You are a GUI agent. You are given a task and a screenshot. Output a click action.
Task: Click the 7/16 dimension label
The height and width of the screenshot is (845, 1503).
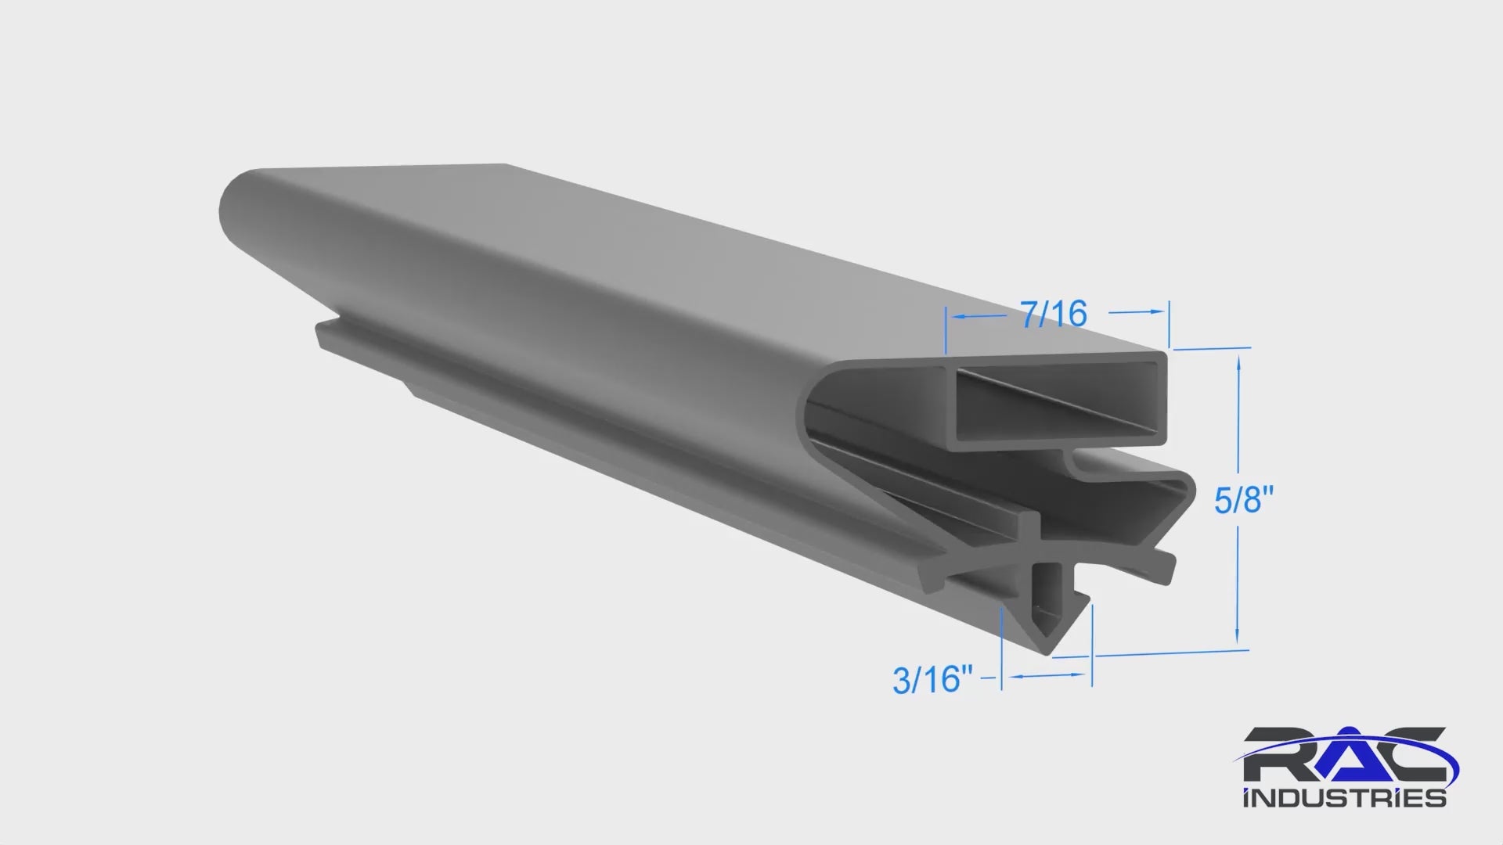coord(1053,314)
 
